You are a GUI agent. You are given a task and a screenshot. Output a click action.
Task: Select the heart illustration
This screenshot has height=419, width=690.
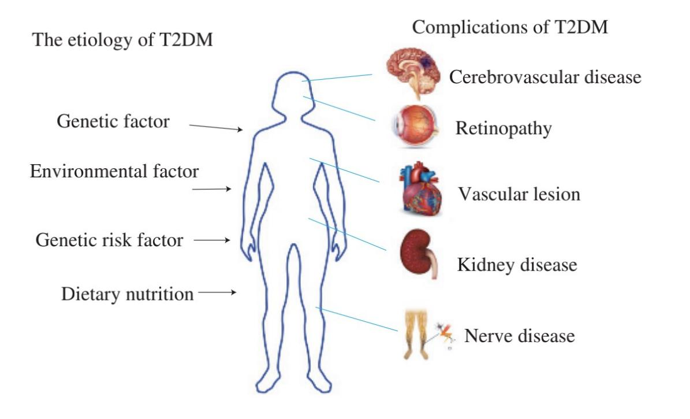(421, 189)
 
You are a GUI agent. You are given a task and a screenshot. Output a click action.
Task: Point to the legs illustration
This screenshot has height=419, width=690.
(416, 335)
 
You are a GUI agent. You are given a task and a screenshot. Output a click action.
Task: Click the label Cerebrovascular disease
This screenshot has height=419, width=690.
(545, 77)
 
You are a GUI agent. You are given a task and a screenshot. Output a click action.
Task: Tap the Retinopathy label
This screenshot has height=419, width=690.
(503, 129)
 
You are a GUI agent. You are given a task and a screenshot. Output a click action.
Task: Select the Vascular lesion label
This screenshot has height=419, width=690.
(519, 194)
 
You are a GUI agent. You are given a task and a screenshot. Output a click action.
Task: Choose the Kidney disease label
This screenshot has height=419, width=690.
(517, 264)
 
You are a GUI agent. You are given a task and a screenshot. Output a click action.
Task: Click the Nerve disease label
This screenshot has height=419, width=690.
(519, 336)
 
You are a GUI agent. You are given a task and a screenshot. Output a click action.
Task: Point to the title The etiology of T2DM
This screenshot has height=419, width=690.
(122, 40)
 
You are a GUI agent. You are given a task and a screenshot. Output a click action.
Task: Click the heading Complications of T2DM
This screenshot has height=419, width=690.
(510, 27)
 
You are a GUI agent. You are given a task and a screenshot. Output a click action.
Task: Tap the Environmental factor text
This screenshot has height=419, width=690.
(114, 171)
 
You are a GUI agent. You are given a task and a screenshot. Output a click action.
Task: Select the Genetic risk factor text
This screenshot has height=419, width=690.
(109, 240)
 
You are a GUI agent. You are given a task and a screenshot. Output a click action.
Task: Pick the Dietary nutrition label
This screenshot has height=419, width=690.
(127, 294)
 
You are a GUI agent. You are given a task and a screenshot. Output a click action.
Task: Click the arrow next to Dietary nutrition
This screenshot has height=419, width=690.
(217, 292)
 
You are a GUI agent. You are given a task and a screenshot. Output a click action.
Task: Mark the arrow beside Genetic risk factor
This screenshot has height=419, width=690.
(212, 240)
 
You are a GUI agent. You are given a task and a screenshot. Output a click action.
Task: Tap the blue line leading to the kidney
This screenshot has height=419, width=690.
(347, 234)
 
